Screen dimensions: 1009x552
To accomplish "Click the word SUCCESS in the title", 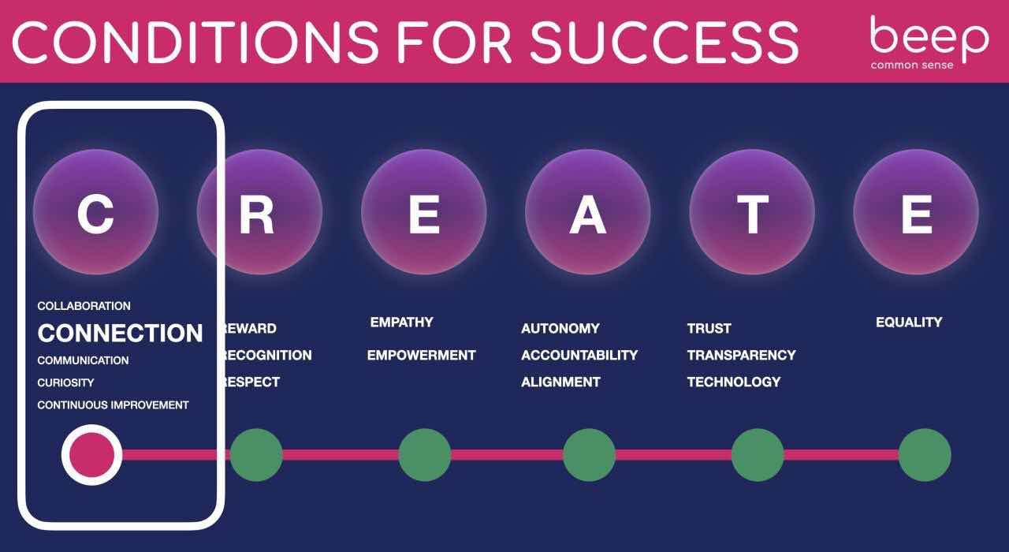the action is tap(665, 43).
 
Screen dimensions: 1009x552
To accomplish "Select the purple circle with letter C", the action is tap(96, 212).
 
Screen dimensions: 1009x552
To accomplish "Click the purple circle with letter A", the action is tap(588, 212).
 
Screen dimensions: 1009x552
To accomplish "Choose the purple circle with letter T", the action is tap(752, 212).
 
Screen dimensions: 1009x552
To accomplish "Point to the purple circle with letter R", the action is tap(259, 212).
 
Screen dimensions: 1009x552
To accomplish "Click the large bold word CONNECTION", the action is tap(121, 333).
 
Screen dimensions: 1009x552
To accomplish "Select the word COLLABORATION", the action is tap(84, 306).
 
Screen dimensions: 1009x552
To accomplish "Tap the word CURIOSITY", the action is tap(65, 382).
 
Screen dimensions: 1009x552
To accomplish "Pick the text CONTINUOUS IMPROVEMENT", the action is tap(113, 405).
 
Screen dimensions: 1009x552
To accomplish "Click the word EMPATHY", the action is tap(401, 323).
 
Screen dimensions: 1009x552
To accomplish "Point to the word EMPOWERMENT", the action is tap(421, 355).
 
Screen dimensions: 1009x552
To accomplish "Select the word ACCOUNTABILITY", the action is tap(579, 355).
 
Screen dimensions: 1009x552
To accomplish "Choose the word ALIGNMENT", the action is tap(560, 382).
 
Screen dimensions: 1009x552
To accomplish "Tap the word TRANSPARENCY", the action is tap(742, 355).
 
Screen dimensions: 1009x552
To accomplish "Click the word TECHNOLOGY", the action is tap(734, 382).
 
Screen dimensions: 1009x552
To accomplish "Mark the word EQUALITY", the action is tap(909, 323).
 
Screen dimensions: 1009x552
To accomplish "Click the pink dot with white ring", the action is tap(92, 455).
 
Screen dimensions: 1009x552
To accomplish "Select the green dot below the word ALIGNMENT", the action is tap(589, 455).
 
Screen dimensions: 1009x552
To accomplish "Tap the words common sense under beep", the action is tap(912, 65).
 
